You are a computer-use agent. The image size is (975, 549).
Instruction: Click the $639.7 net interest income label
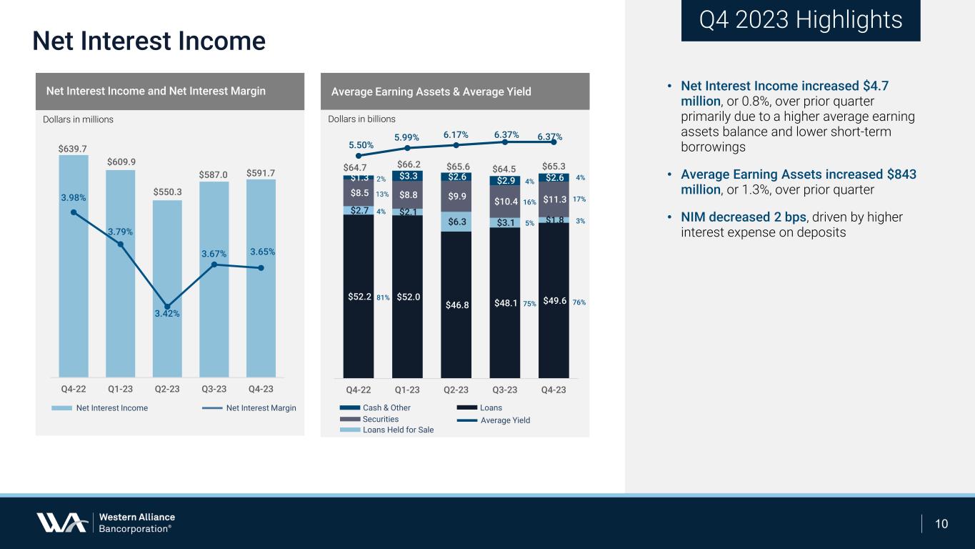pos(73,149)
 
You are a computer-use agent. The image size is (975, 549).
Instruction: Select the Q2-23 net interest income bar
pos(167,289)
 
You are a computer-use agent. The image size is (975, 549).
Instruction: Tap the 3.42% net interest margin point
pos(167,307)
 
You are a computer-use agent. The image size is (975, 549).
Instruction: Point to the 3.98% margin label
pos(73,198)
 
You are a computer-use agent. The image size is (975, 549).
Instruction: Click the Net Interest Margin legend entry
pos(249,408)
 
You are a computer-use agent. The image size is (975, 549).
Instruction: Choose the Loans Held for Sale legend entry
pos(386,430)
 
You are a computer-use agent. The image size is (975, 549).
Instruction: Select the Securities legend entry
pos(369,419)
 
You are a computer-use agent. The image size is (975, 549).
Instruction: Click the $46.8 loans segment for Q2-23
pos(456,305)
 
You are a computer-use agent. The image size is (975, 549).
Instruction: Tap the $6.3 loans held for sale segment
pos(456,222)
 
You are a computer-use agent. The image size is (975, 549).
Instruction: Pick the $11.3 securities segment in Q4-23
pos(554,199)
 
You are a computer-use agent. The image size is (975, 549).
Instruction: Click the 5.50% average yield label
pos(361,145)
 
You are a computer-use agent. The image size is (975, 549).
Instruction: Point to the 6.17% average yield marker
pos(456,146)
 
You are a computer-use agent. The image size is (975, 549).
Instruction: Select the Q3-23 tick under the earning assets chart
pos(505,390)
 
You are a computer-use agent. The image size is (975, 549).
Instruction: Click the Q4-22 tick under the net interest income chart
pos(73,389)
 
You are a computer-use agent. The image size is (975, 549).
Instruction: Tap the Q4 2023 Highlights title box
pos(801,21)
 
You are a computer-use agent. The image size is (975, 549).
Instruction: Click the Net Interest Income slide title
pos(149,41)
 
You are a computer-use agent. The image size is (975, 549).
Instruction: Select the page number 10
pos(941,524)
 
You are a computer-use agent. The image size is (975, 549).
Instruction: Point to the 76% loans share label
pos(579,302)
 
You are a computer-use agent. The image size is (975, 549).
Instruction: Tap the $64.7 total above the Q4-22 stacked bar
pos(355,167)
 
